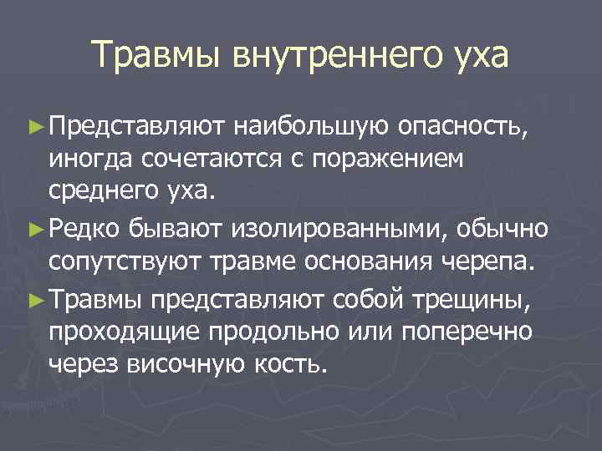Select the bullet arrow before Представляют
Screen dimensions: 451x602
pos(36,128)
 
